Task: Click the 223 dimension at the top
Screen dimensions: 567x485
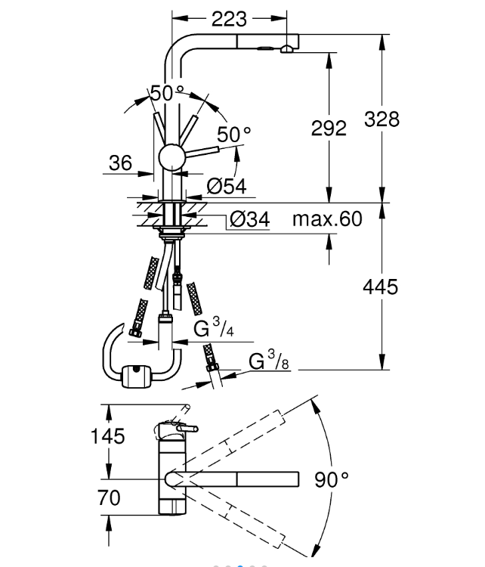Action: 230,20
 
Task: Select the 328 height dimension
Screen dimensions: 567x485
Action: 382,119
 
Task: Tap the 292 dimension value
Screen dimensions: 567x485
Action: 329,128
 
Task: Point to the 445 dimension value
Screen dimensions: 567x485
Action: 381,287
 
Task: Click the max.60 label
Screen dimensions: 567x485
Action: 327,220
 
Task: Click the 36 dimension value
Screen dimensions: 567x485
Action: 120,163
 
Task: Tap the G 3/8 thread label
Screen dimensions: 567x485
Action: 270,362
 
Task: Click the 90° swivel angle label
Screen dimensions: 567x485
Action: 332,479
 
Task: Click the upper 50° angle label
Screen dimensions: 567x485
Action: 167,94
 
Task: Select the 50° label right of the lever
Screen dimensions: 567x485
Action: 233,135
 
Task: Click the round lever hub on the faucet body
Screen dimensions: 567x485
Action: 171,160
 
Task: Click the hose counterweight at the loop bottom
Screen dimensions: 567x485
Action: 136,373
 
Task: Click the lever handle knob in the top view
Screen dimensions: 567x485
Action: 182,430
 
